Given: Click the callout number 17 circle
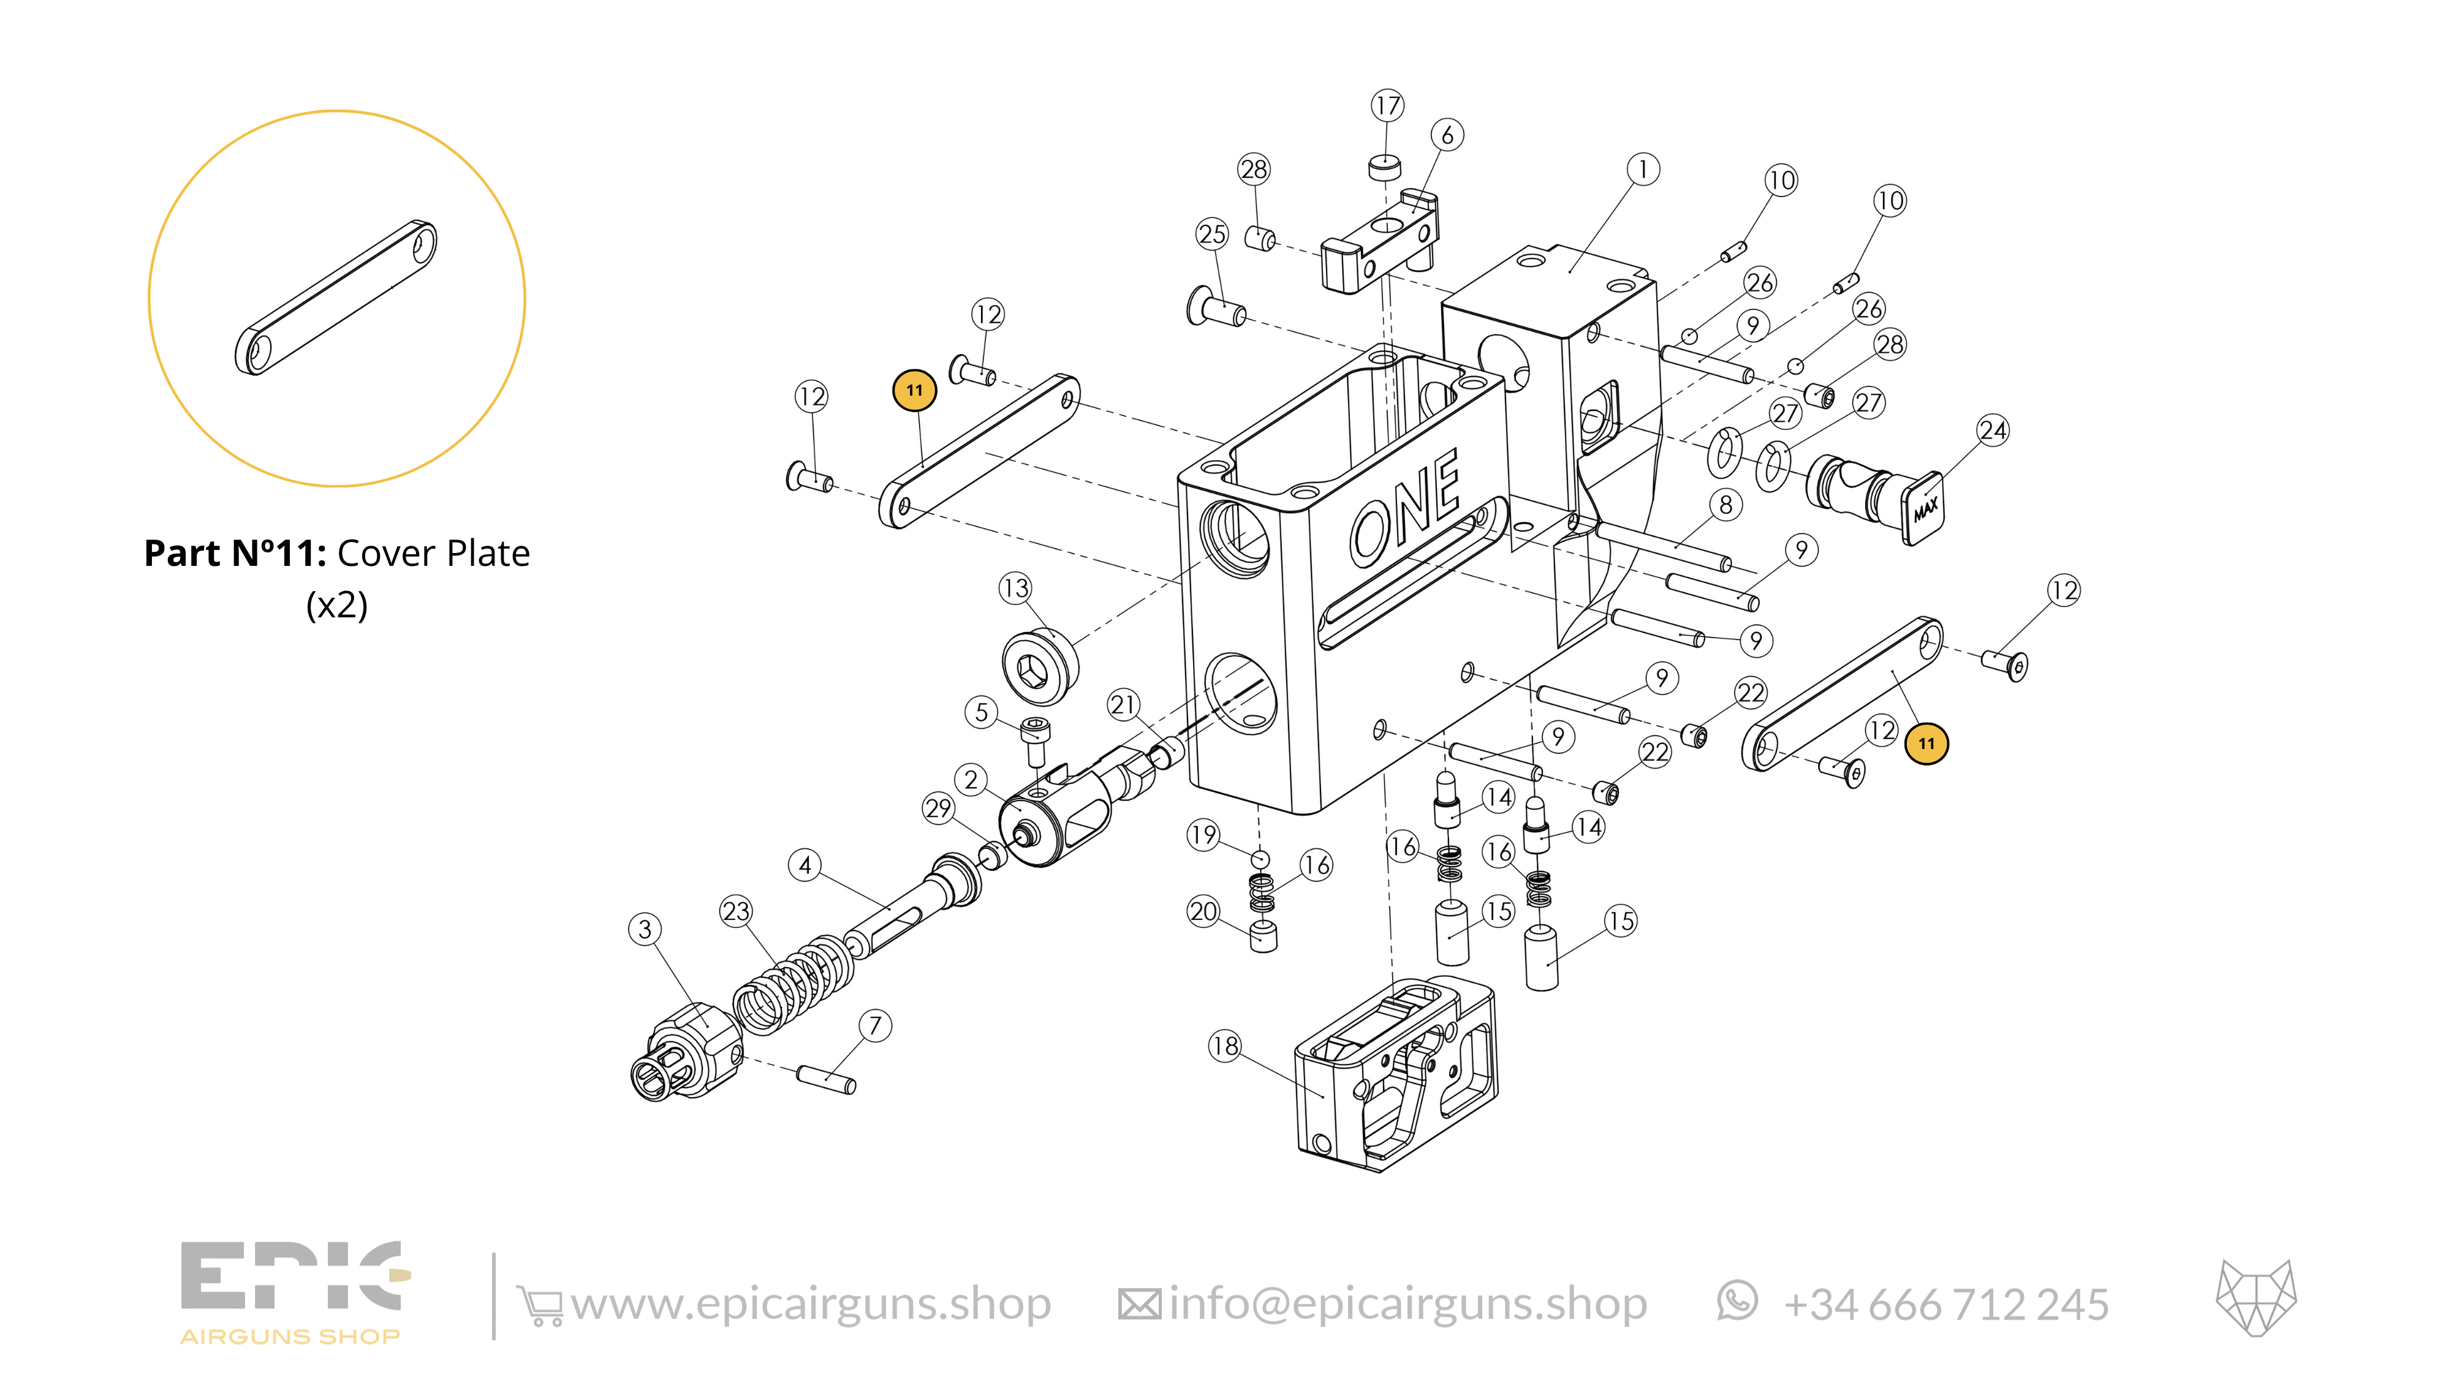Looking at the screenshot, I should pos(1387,105).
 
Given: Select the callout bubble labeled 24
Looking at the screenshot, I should pos(1993,431).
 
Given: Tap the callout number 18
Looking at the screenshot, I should pos(1224,1046).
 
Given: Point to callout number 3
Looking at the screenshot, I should pos(645,929).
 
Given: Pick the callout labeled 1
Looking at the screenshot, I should pos(1642,169).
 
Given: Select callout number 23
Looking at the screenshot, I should pos(735,911).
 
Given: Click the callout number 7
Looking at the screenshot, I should pos(874,1025).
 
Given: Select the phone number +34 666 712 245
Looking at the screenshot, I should pos(1945,1305).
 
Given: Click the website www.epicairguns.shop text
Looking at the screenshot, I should pos(811,1304).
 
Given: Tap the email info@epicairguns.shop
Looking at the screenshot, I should pos(1407,1304).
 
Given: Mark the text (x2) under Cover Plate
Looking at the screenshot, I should pos(337,605).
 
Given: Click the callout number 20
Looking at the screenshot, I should pos(1203,911).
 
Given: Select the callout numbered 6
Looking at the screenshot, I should pos(1446,135).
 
